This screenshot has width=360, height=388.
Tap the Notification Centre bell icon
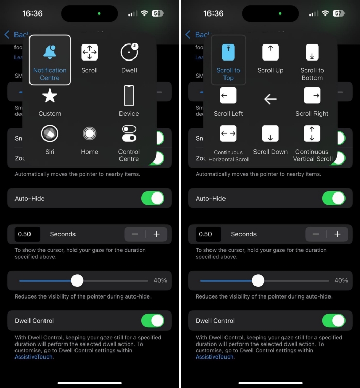tap(50, 52)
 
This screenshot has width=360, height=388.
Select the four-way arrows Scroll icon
tap(89, 52)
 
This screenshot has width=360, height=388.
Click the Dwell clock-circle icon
tap(129, 52)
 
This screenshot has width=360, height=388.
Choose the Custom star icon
tap(50, 96)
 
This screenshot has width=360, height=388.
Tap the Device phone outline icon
tap(129, 96)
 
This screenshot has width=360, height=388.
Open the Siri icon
tap(50, 133)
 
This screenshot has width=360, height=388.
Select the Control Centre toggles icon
tap(129, 133)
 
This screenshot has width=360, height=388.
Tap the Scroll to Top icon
tap(228, 52)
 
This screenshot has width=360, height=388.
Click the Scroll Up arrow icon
tap(271, 52)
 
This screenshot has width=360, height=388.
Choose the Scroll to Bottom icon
tap(312, 52)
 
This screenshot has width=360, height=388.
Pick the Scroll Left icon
tap(228, 96)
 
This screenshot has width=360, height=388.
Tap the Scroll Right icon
tap(312, 96)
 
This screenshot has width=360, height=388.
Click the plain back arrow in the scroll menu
tap(271, 99)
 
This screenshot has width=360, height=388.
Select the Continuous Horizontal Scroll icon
tap(228, 133)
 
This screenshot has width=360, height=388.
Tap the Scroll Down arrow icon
tap(271, 133)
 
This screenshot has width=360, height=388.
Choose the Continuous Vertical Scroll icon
tap(312, 133)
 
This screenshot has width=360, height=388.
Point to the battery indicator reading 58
tap(157, 13)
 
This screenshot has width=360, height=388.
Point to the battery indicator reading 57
tap(339, 13)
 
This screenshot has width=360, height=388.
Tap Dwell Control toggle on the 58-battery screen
tap(153, 321)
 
